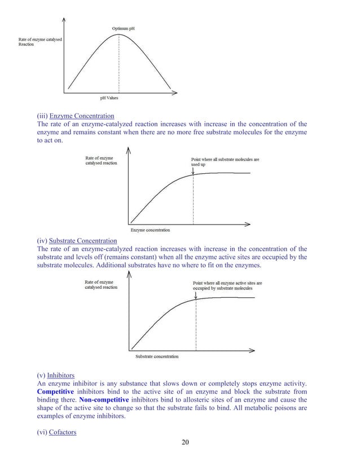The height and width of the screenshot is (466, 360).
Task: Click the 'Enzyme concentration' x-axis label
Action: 150,230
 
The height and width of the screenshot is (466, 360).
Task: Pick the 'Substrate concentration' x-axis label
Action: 157,356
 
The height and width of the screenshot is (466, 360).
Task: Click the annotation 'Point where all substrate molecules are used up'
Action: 225,162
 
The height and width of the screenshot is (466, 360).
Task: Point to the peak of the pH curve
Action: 118,34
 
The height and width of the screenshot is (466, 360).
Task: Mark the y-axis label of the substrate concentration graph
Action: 101,284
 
